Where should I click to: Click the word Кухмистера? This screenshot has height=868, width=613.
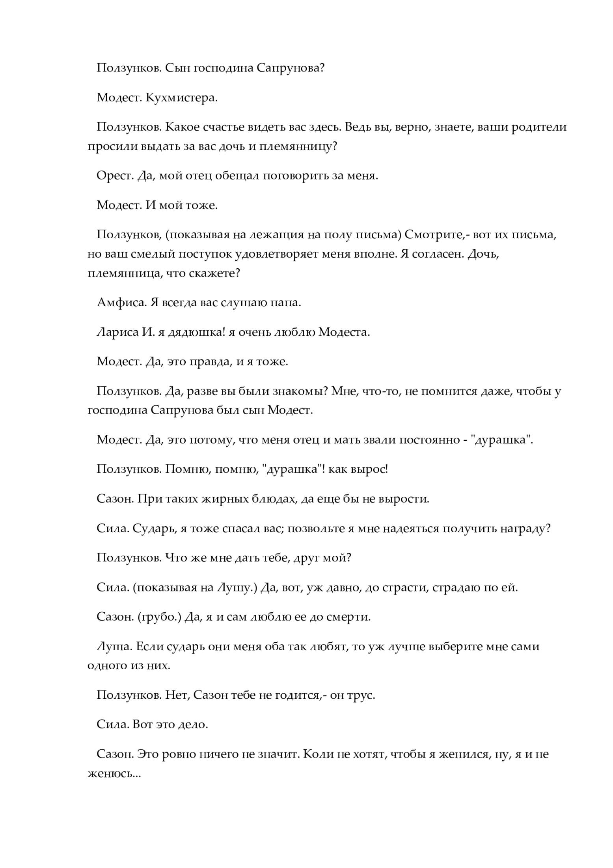tap(181, 98)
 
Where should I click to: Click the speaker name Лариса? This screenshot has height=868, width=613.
tap(117, 332)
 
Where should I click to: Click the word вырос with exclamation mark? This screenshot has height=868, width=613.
tap(371, 470)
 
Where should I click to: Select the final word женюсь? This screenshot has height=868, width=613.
tap(114, 774)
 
